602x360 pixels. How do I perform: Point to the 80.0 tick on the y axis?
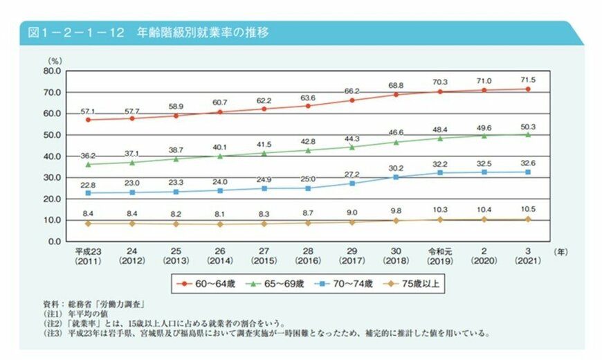[x=53, y=71]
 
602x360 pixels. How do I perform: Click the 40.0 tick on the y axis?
[x=53, y=156]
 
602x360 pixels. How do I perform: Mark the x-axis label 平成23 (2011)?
[x=87, y=258]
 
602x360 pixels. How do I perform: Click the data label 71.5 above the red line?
[x=527, y=80]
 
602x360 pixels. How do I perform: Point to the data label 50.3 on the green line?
[x=527, y=125]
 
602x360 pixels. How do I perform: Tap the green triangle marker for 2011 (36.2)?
[x=87, y=164]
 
